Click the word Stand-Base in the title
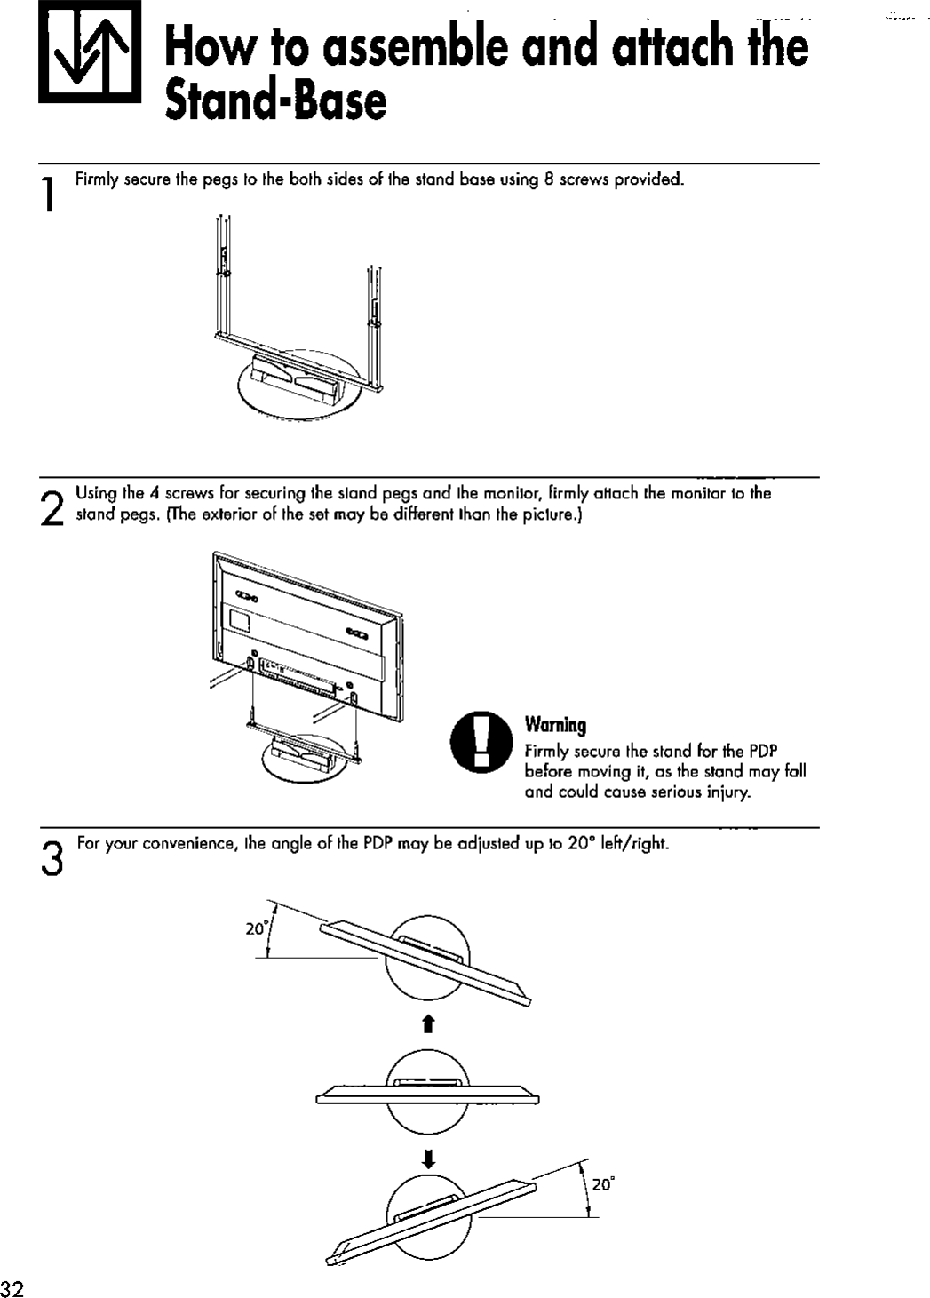(x=276, y=102)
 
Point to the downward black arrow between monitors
(x=428, y=1158)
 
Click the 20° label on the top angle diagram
(x=257, y=928)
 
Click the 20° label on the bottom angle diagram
(x=603, y=1184)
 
